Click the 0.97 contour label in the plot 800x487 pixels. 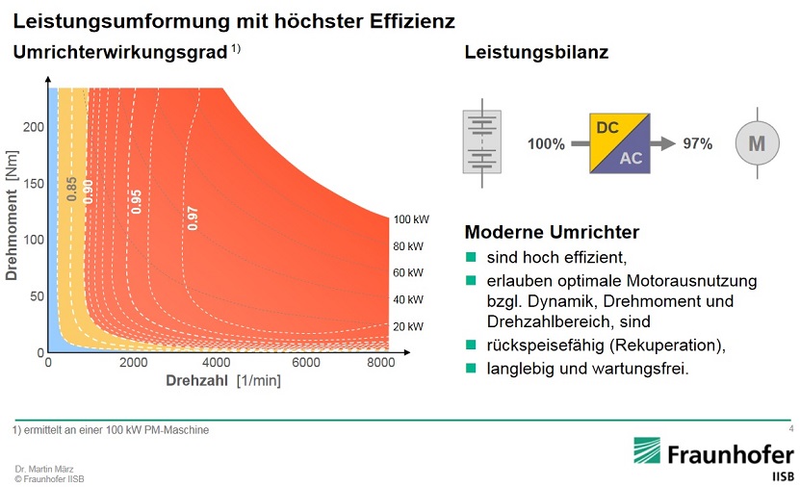tap(193, 218)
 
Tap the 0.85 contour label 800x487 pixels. tap(72, 189)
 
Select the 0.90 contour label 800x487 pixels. tap(89, 190)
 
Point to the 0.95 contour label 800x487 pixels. tap(137, 200)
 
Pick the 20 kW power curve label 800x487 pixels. tap(408, 326)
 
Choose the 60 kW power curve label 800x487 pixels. tap(408, 273)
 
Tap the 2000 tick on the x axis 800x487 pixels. tap(133, 363)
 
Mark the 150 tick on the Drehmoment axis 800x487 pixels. tap(34, 183)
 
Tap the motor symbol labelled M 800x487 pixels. tap(757, 143)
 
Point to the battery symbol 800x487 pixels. tap(485, 141)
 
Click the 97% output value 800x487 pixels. tap(697, 144)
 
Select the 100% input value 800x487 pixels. tap(546, 144)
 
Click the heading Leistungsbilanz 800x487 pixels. tap(536, 54)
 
